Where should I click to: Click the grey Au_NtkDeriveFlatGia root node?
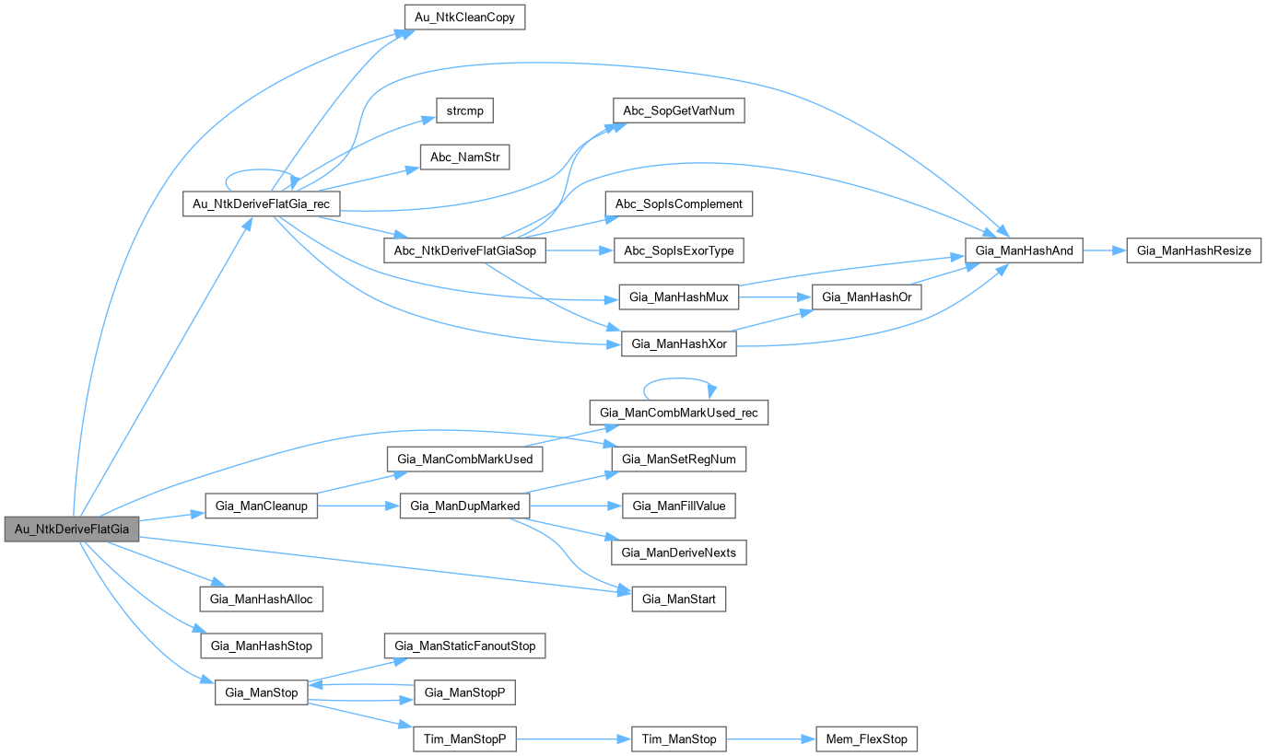[x=72, y=529]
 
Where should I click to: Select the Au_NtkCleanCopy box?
[x=465, y=17]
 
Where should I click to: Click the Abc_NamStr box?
[x=464, y=157]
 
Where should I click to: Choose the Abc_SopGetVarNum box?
[x=678, y=110]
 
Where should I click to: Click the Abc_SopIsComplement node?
[x=678, y=204]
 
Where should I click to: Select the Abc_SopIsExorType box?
[x=678, y=250]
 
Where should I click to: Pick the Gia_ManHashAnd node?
[x=1023, y=250]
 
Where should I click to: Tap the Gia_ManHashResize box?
[x=1193, y=250]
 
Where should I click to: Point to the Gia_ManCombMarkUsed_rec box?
[x=678, y=412]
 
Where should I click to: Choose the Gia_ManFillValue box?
[x=679, y=506]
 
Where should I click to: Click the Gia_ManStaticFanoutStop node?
[x=465, y=646]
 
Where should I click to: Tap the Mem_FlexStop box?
[x=867, y=739]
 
